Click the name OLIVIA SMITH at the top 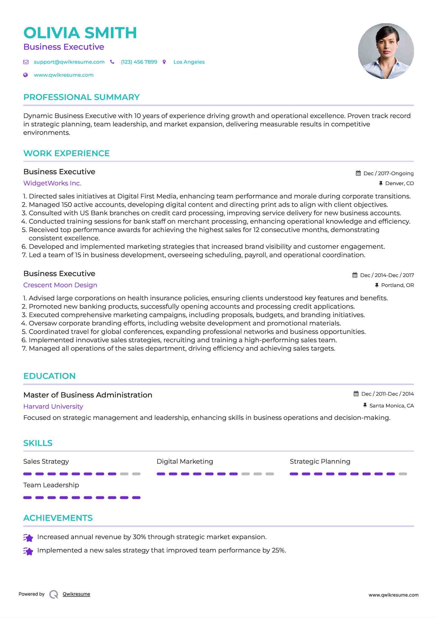point(80,33)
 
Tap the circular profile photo point(386,51)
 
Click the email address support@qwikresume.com point(69,62)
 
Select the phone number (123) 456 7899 point(139,62)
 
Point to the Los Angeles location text point(189,62)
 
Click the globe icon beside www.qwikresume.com point(26,75)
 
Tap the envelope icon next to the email point(26,62)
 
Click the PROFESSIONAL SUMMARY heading point(81,97)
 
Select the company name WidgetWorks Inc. point(52,183)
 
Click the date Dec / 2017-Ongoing point(388,173)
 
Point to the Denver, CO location point(399,183)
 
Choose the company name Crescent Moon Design point(60,285)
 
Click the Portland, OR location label point(397,285)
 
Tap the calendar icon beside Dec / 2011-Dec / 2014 point(356,394)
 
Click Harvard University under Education point(53,406)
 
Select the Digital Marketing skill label point(185,461)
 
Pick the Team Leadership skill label point(51,485)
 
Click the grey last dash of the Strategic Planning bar point(403,474)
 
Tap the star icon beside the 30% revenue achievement point(28,538)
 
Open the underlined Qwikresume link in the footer point(76,594)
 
